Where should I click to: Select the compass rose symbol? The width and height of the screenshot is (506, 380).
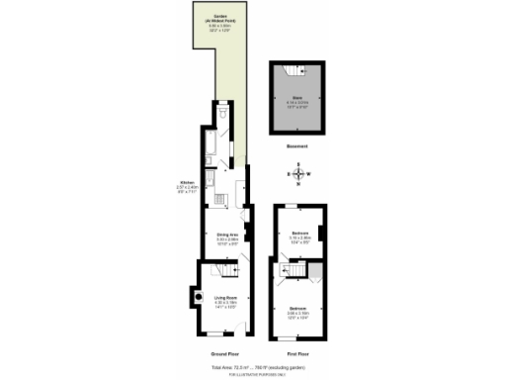299,174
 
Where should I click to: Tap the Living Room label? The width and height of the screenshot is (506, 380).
228,300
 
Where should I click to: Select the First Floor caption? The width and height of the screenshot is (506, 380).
298,353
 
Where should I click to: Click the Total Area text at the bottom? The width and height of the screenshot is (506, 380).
253,367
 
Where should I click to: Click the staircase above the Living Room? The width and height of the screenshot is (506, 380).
230,269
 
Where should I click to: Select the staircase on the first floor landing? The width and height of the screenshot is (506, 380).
295,271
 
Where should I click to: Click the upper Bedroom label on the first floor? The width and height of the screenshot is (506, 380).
299,237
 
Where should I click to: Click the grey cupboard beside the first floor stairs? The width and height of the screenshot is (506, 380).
316,270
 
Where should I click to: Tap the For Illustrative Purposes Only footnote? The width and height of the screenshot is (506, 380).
253,375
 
